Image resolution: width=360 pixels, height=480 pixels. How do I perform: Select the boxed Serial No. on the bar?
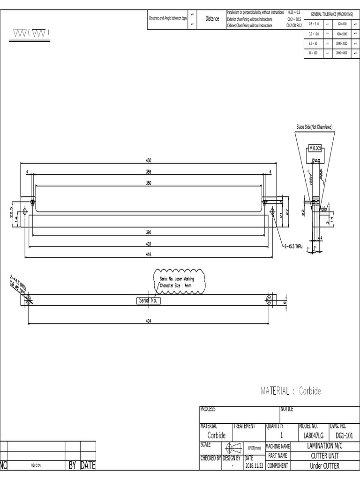[x=149, y=300]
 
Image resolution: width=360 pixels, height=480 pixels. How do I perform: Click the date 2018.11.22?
[x=255, y=466]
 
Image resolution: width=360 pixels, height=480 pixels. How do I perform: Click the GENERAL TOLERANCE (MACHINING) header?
[x=332, y=15]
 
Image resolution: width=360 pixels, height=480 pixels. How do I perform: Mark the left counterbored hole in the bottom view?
[x=29, y=299]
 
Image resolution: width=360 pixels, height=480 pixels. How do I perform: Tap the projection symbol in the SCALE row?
[x=232, y=447]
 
